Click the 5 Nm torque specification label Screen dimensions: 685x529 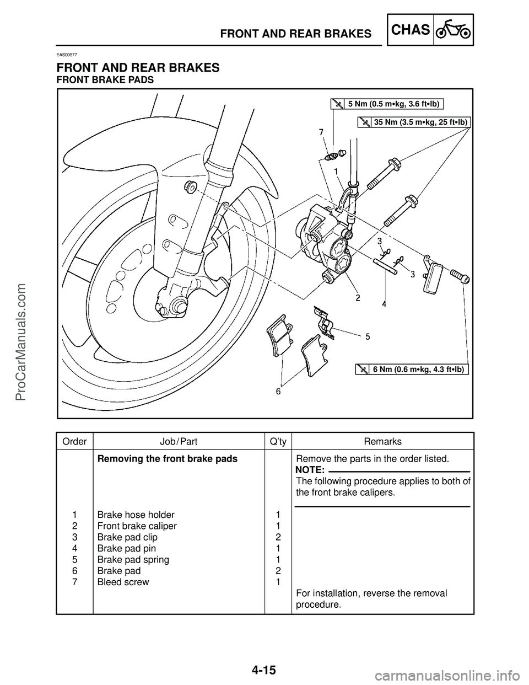click(395, 103)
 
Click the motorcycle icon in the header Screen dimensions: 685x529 click(454, 31)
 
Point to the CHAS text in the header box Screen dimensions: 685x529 click(411, 30)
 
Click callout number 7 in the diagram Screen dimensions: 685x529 click(320, 132)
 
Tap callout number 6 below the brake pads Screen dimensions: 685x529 click(279, 391)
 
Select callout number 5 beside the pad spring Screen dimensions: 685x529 click(367, 335)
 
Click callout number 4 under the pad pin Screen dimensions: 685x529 click(384, 304)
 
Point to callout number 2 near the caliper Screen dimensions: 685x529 click(358, 298)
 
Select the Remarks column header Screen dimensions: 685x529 click(382, 441)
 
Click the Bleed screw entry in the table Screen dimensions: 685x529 click(123, 582)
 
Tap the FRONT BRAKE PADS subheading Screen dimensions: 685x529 click(105, 80)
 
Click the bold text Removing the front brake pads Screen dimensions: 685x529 click(167, 459)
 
